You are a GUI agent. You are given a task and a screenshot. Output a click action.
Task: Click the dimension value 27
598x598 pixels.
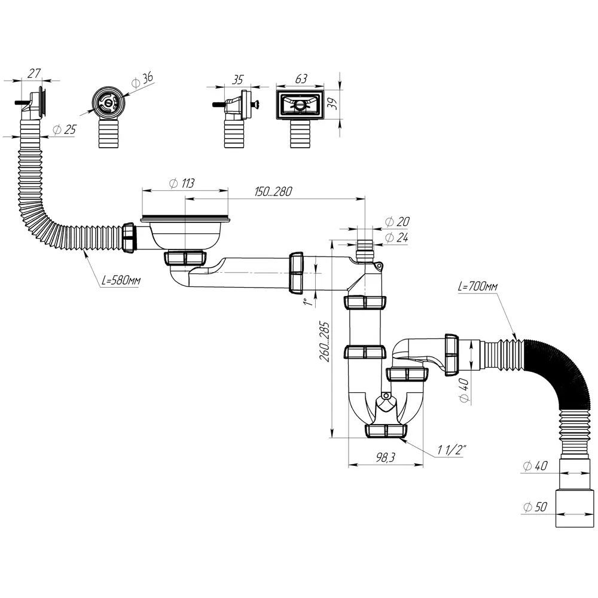tap(35, 74)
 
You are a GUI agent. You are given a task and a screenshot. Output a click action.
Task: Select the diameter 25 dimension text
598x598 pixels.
tap(65, 130)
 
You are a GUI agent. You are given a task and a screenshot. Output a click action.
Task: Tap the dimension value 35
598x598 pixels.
tap(239, 78)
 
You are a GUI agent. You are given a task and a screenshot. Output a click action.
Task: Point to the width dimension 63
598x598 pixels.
tap(301, 78)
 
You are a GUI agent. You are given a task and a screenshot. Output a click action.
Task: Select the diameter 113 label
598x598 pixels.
tap(182, 184)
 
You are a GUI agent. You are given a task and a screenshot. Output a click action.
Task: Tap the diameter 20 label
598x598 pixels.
tap(398, 222)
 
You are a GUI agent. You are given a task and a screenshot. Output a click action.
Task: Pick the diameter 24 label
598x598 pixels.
tap(398, 237)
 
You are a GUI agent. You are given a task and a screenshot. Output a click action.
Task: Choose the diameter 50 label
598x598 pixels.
tap(534, 507)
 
